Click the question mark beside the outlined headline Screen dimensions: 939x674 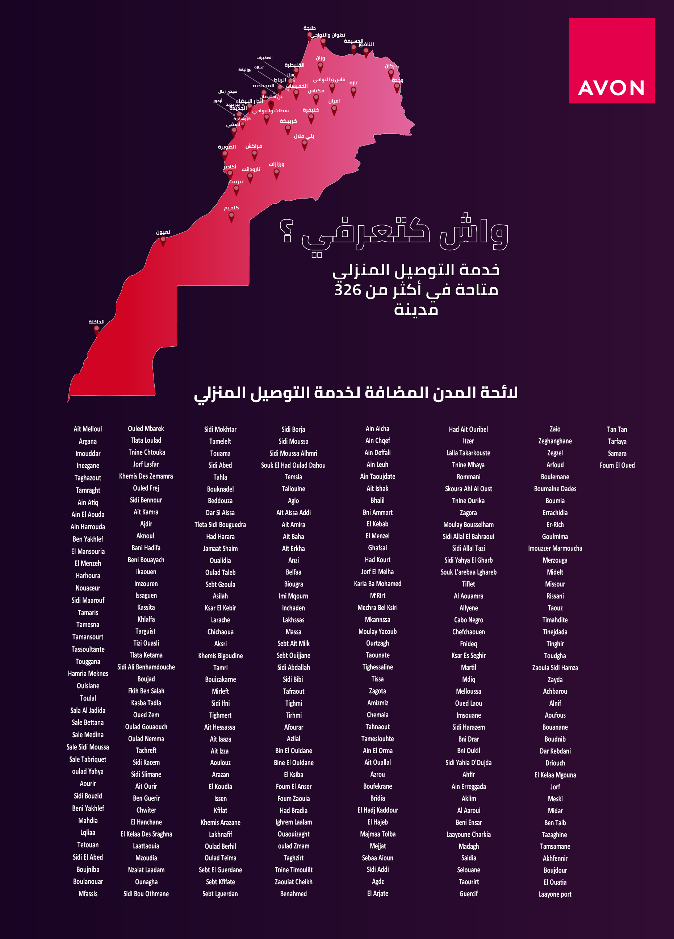point(286,231)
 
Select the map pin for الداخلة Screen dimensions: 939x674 point(96,330)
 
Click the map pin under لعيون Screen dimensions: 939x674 point(163,241)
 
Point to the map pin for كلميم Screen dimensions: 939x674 point(231,216)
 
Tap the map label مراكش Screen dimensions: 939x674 point(254,146)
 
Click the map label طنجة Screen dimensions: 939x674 point(310,28)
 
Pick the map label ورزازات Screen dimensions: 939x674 point(277,164)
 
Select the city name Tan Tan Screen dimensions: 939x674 point(617,429)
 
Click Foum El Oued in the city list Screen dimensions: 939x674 point(617,466)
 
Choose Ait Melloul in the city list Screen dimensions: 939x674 point(88,429)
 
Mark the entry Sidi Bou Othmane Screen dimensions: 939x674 point(146,894)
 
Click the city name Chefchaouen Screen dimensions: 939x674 point(469,632)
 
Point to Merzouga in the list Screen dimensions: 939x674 point(555,560)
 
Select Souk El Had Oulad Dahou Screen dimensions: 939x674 point(293,466)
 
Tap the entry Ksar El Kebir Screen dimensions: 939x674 point(220,608)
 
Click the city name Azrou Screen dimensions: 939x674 point(378,774)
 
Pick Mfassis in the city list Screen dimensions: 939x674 point(88,894)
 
